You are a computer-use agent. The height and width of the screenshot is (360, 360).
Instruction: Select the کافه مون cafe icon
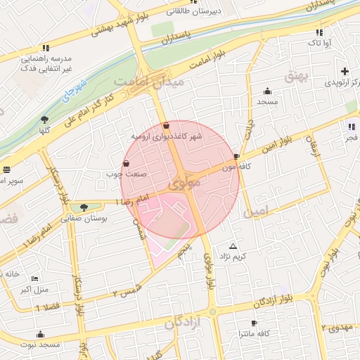[236, 157]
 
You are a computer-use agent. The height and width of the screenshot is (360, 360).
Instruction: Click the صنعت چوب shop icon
[126, 163]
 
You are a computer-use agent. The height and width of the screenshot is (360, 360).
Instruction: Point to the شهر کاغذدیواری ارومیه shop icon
[165, 126]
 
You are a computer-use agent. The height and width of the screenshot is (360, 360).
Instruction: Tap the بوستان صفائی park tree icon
[84, 207]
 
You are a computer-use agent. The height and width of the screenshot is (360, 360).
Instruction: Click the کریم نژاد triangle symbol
[233, 246]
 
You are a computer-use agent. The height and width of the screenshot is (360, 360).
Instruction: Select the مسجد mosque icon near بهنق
[267, 91]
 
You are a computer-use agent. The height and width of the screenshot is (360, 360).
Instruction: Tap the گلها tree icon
[45, 120]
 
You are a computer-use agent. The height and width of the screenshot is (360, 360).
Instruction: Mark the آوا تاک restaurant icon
[319, 32]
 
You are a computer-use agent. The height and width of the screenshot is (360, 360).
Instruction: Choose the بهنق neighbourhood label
[296, 75]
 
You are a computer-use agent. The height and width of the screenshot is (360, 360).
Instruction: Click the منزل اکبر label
[33, 289]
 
